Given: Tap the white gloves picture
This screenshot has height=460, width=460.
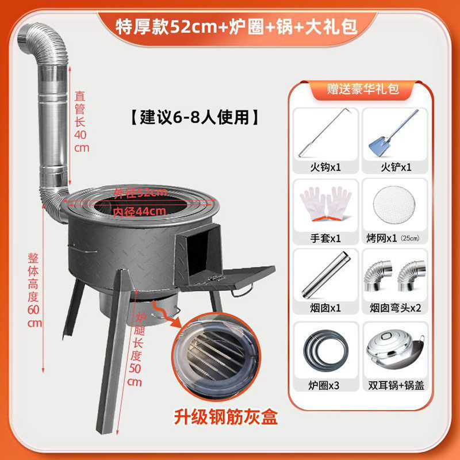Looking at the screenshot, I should point(325,204).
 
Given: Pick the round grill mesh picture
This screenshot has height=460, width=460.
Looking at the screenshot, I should point(394,204).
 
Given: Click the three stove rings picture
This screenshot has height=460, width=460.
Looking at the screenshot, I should point(325,348).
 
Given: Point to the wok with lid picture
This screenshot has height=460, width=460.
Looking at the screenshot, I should point(394,348).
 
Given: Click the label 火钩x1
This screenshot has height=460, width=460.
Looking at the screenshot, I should point(325,168).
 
